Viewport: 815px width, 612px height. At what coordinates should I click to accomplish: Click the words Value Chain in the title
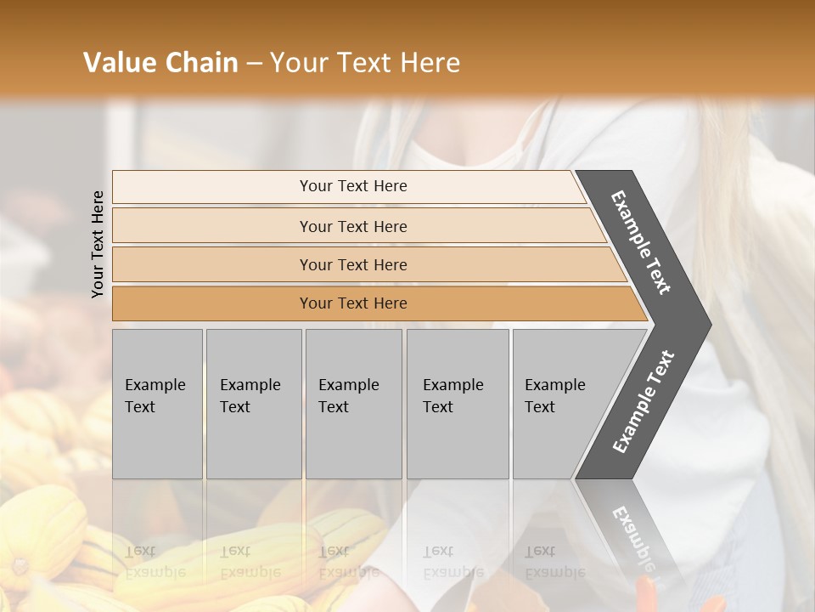tap(160, 63)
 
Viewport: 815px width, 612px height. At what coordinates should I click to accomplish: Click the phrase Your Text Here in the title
tap(365, 63)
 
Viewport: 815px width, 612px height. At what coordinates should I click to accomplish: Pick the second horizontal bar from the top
tap(352, 226)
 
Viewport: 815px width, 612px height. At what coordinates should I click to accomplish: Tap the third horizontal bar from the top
tap(352, 264)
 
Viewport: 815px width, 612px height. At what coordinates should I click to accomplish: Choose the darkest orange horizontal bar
tap(352, 303)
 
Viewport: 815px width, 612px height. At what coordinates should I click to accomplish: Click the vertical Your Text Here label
tap(98, 244)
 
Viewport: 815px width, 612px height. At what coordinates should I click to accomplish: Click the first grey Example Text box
tap(157, 404)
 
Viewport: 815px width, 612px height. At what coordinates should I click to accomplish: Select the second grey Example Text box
tap(253, 404)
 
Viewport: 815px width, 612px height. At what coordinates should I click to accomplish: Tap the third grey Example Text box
tap(353, 404)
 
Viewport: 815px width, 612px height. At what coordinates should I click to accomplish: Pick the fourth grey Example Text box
tap(457, 404)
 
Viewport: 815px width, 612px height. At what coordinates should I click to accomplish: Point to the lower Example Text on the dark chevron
tap(644, 402)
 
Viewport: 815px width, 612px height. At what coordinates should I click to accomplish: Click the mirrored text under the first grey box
tap(155, 562)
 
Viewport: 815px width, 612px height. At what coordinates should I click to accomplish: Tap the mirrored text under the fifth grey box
tap(555, 562)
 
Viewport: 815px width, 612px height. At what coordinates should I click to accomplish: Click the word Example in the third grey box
tap(349, 385)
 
